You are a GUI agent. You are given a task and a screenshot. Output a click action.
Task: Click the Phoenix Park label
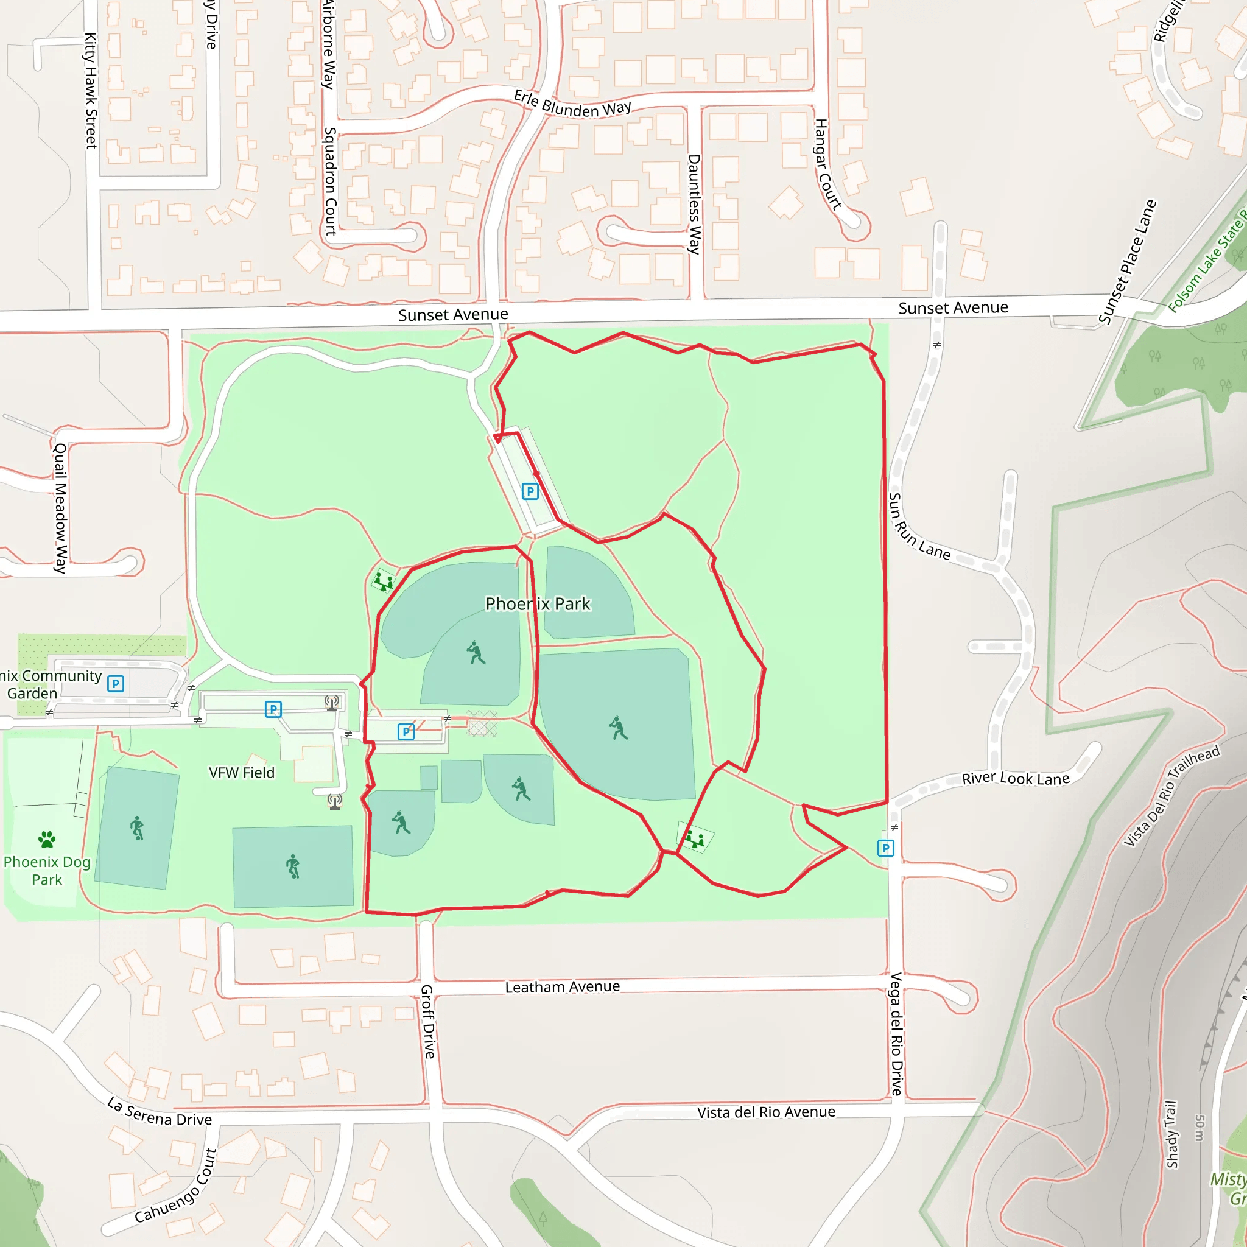(538, 604)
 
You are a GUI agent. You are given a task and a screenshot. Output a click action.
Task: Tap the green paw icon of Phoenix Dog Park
(46, 840)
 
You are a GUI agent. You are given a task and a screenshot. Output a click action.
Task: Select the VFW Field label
(241, 773)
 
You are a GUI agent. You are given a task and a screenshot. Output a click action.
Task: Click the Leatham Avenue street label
(562, 987)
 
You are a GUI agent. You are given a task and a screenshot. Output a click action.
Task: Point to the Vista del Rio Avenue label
(765, 1112)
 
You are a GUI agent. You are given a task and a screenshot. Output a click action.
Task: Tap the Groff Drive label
(428, 1021)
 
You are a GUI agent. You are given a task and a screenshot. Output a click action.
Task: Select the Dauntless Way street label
(694, 204)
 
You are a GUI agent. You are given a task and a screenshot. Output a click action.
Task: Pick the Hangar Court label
(827, 164)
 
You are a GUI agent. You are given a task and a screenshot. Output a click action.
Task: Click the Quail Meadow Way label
(60, 508)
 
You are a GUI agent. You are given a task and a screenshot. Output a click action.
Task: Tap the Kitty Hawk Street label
(91, 91)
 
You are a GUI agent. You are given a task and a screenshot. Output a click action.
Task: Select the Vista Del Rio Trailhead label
(1171, 796)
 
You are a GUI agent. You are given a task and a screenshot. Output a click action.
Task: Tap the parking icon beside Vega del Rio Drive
(885, 848)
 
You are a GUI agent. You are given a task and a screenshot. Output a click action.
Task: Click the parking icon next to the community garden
(116, 684)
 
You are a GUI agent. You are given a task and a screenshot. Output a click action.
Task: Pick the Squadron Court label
(330, 181)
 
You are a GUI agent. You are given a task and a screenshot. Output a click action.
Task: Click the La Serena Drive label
(160, 1112)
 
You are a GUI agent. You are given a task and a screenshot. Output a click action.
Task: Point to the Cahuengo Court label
(175, 1186)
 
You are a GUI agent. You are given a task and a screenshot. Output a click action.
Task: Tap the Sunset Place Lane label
(1127, 262)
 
